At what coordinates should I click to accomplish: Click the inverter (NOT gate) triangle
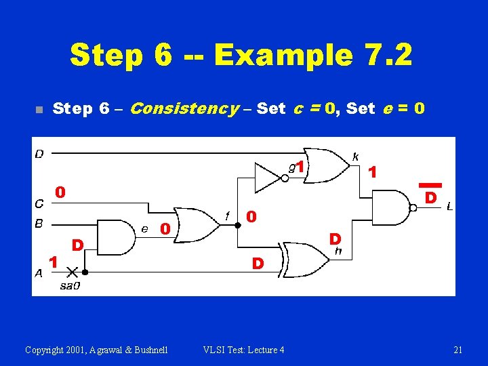(x=268, y=176)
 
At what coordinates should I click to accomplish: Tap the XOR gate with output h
(x=303, y=258)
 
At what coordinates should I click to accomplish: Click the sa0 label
(x=70, y=286)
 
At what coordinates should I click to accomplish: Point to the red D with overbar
(x=430, y=194)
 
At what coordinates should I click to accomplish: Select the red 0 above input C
(x=60, y=193)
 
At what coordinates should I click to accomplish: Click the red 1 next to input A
(x=52, y=261)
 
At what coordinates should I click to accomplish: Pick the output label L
(x=451, y=207)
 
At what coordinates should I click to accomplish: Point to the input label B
(x=39, y=222)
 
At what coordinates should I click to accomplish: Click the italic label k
(x=355, y=157)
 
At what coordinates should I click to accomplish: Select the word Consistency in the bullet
(x=184, y=108)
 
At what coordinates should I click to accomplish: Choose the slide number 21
(x=457, y=350)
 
